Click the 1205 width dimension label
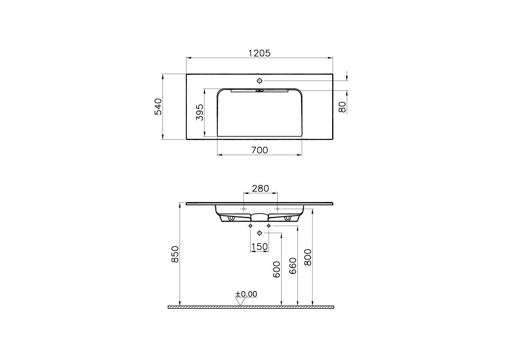point(259,53)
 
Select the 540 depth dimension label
point(158,107)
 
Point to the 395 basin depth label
point(200,112)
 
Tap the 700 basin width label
point(260,150)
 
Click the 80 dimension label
point(342,107)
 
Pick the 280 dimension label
point(261,188)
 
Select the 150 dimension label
point(259,247)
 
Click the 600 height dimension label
point(276,270)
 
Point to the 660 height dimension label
point(293,266)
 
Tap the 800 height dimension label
point(308,258)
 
